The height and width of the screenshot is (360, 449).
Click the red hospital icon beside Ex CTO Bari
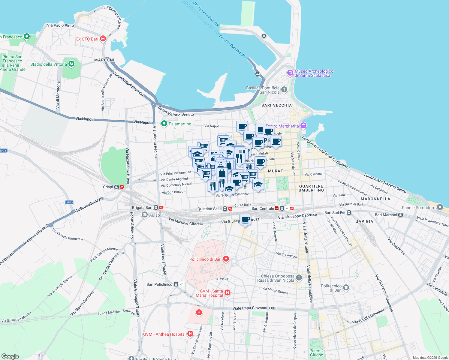click(103, 39)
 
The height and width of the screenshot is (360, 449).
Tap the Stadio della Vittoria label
click(49, 64)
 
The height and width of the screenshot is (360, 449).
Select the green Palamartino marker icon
click(164, 124)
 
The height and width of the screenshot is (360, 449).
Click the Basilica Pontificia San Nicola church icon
click(284, 90)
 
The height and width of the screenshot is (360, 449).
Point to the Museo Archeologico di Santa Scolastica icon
click(290, 73)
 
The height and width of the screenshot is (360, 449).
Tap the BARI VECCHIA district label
click(276, 105)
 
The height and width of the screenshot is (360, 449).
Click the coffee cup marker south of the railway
click(245, 220)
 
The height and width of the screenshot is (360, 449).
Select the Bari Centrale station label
click(263, 208)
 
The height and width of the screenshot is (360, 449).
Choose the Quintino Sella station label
click(209, 209)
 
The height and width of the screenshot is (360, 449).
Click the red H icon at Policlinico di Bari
click(226, 259)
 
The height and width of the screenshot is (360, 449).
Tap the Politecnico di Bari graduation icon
click(346, 288)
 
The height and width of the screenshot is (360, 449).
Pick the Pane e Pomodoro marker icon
click(440, 207)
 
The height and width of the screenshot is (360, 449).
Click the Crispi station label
click(108, 187)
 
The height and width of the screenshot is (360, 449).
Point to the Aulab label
click(155, 215)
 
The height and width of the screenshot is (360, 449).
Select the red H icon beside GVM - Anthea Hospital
click(190, 334)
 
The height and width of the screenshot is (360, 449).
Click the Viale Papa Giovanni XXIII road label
click(255, 308)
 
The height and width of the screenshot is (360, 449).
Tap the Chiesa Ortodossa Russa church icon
click(299, 277)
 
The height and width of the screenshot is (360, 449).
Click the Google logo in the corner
click(10, 356)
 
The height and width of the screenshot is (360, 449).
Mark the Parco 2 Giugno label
click(317, 353)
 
